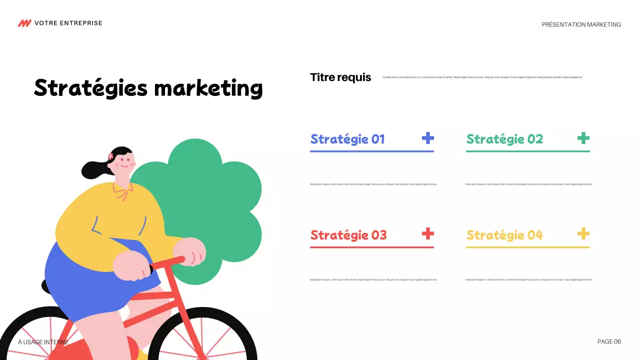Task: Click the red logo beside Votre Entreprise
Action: tap(24, 23)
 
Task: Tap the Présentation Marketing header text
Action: tap(581, 24)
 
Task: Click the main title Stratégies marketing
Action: tap(148, 88)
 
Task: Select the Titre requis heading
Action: tap(340, 77)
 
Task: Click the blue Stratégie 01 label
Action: tap(347, 139)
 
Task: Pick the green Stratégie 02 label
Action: tap(504, 139)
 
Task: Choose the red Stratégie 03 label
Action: tap(348, 235)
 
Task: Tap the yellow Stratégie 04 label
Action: tap(504, 235)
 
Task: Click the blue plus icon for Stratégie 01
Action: tap(427, 138)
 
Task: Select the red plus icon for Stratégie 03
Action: tap(427, 233)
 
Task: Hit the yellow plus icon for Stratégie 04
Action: tap(583, 233)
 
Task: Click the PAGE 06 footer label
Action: tap(609, 341)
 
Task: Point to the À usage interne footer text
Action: tap(43, 342)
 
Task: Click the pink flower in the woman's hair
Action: tap(110, 156)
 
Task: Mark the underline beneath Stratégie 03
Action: tap(371, 247)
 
